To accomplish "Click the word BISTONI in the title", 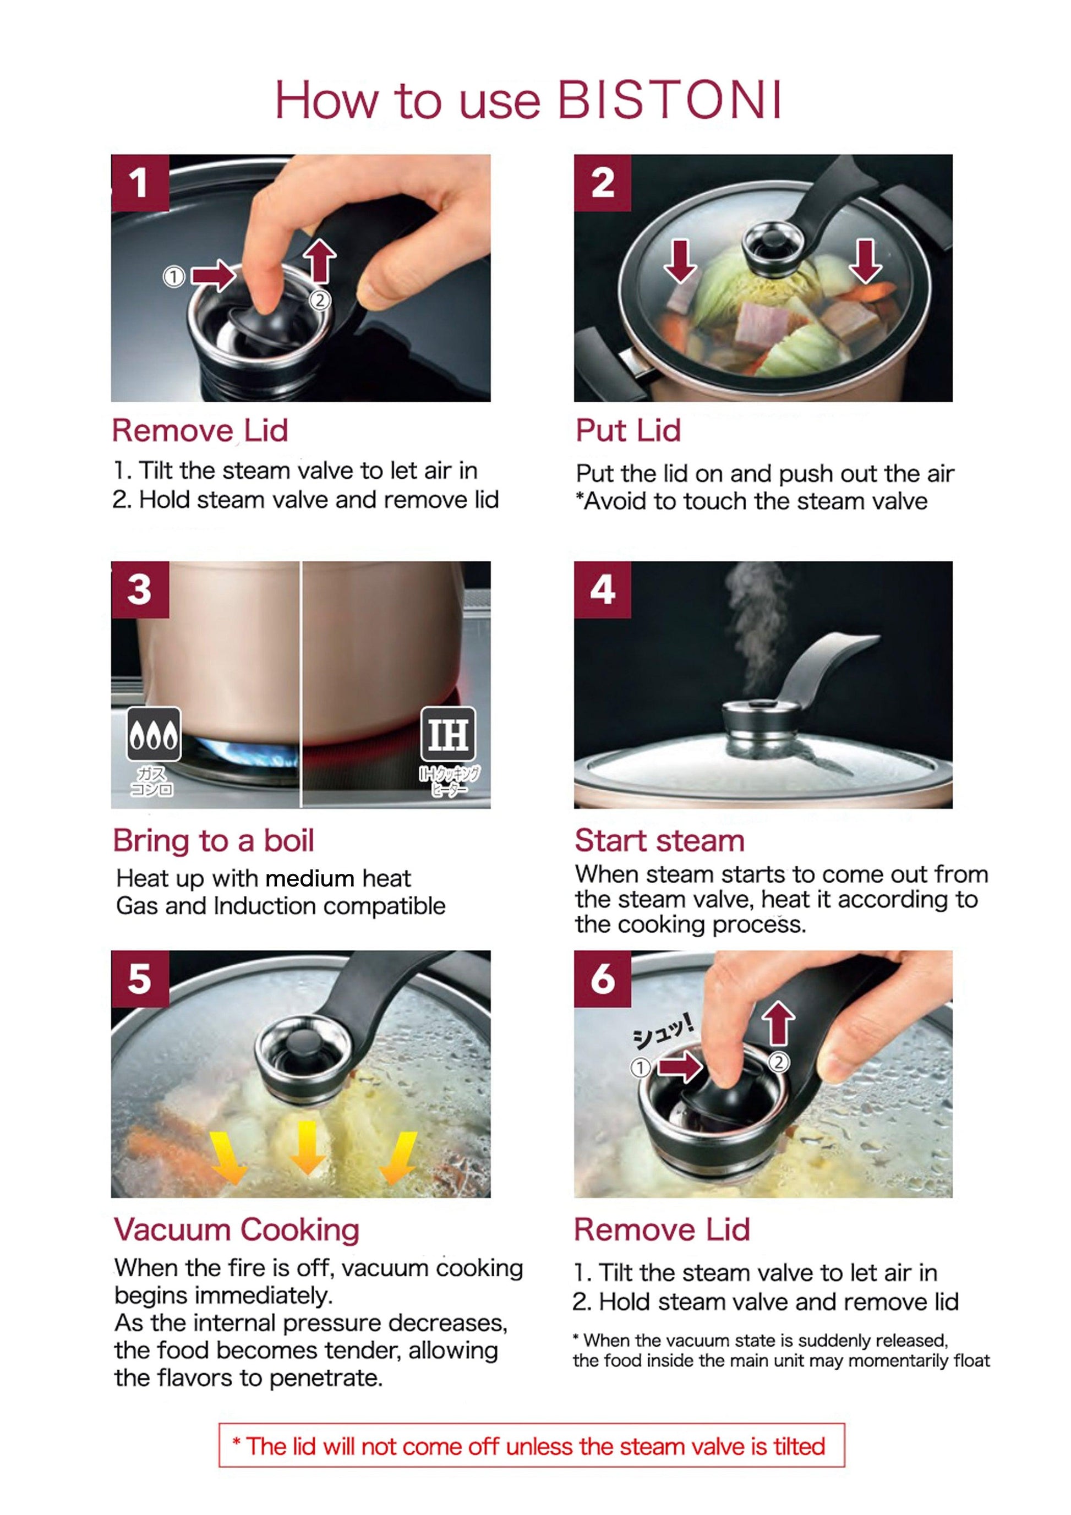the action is (670, 100).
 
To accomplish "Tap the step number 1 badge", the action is (140, 183).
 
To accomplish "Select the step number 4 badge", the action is (603, 589).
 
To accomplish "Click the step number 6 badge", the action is (603, 978).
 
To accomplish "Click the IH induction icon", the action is (449, 733).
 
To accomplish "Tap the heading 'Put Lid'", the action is (628, 430).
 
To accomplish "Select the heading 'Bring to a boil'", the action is (213, 840).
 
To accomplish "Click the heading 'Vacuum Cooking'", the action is (237, 1229).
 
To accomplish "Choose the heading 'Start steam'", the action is (660, 840).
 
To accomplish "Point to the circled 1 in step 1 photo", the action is (173, 276).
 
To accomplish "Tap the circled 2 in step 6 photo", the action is (779, 1062).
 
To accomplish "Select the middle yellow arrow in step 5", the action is (308, 1148).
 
